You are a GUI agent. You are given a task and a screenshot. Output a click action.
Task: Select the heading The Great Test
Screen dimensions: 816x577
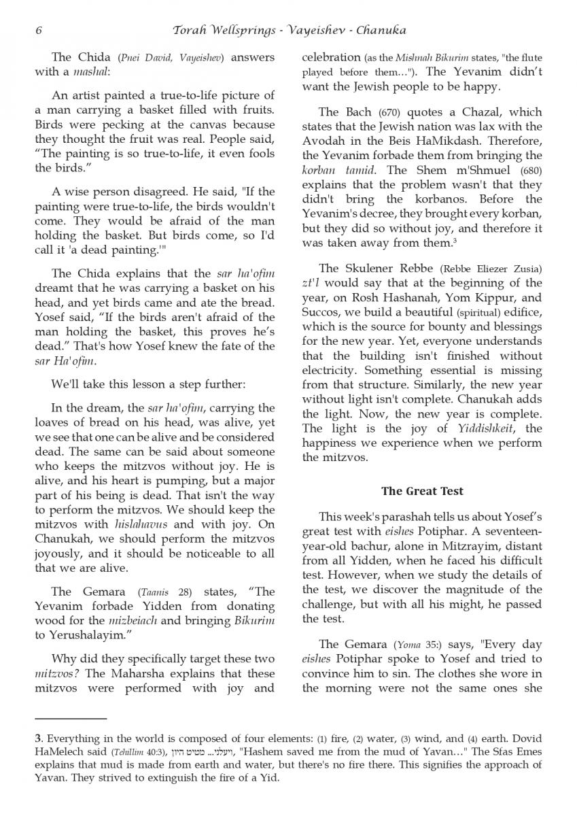coord(422,491)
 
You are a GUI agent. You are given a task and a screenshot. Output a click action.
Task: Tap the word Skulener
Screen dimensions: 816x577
coord(379,269)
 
